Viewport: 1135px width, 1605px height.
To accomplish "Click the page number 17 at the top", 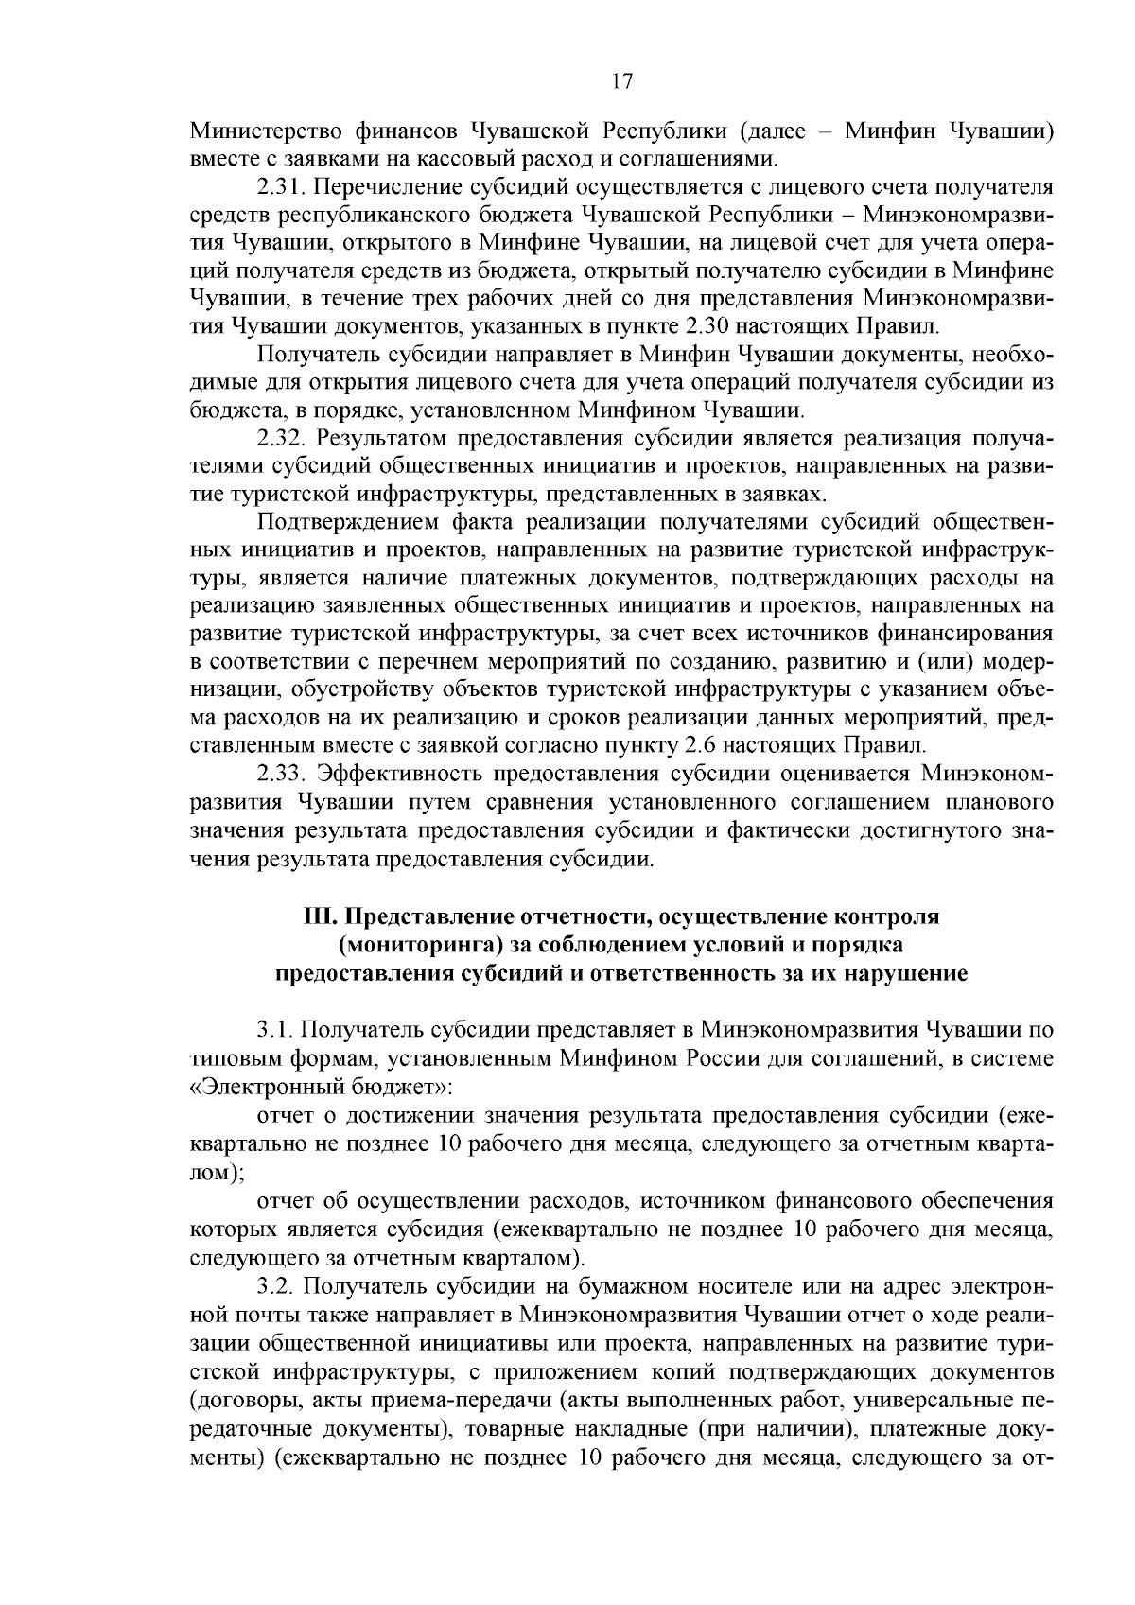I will coord(621,81).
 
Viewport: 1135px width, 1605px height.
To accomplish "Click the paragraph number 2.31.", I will coord(281,189).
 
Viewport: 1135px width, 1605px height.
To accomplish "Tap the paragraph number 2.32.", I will coord(281,439).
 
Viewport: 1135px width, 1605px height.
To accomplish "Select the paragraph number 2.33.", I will coord(281,775).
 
